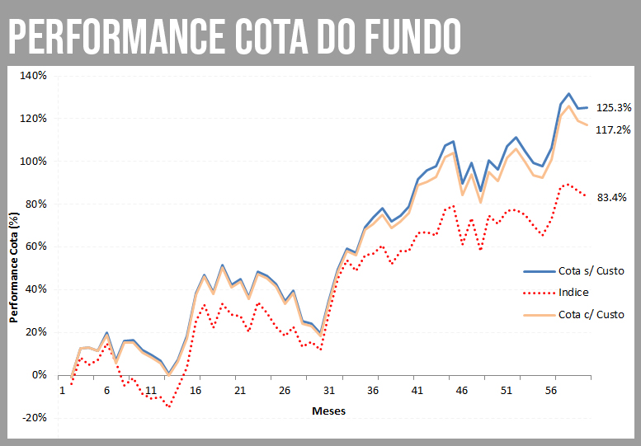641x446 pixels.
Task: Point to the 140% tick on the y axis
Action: pyautogui.click(x=35, y=75)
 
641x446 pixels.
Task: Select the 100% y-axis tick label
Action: pyautogui.click(x=35, y=161)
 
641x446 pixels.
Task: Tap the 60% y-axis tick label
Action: pyautogui.click(x=37, y=246)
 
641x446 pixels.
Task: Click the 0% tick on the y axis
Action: pyautogui.click(x=40, y=375)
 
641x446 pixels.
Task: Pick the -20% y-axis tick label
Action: pyautogui.click(x=35, y=418)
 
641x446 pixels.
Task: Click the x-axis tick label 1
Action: pyautogui.click(x=62, y=391)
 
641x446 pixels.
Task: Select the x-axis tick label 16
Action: pyautogui.click(x=195, y=391)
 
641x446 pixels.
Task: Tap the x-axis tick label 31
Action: pyautogui.click(x=328, y=391)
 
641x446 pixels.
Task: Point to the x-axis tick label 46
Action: pyautogui.click(x=462, y=391)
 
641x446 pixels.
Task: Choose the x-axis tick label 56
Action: pyautogui.click(x=551, y=391)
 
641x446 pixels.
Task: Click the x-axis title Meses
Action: pyautogui.click(x=328, y=410)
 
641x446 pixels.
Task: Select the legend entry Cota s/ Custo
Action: pyautogui.click(x=592, y=271)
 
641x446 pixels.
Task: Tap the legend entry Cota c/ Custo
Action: pyautogui.click(x=592, y=314)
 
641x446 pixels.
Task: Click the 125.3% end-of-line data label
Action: pyautogui.click(x=614, y=107)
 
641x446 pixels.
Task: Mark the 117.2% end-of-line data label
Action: pyautogui.click(x=614, y=129)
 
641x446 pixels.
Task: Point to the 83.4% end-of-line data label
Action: pyautogui.click(x=611, y=197)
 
